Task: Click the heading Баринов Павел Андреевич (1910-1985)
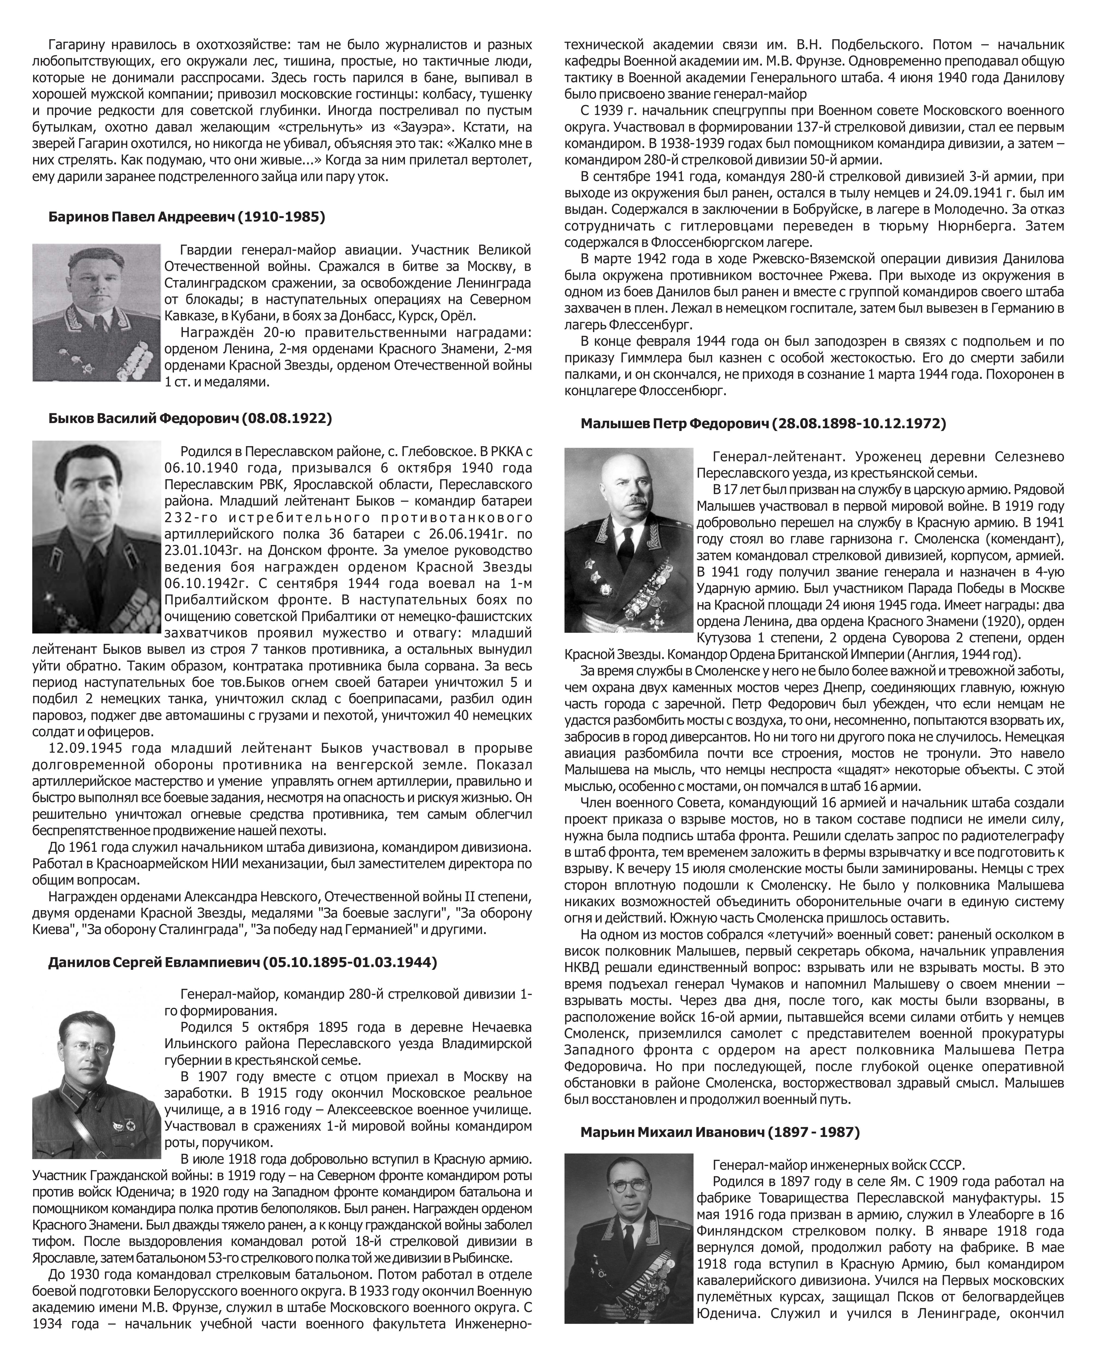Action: click(x=187, y=217)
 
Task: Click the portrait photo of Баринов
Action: click(x=97, y=313)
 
